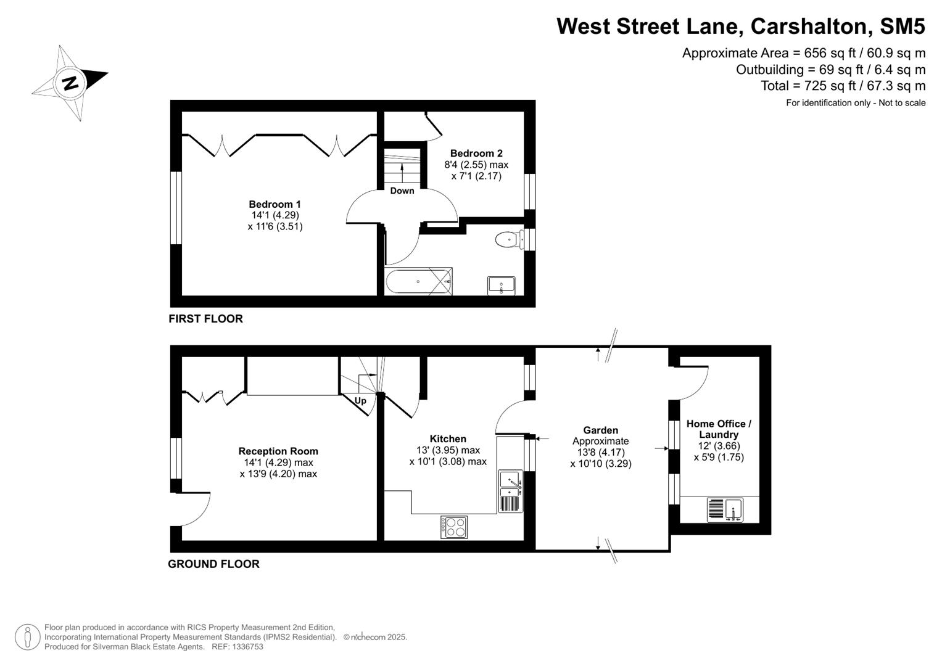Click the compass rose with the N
[69, 82]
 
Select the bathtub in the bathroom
[418, 282]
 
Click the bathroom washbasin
[501, 286]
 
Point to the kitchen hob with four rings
[453, 527]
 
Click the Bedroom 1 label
[275, 204]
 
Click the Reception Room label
[278, 451]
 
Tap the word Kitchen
[448, 439]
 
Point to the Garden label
[600, 430]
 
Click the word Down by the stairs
[402, 191]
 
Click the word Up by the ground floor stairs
[360, 401]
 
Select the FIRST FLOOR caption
[205, 319]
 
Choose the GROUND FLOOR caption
[213, 564]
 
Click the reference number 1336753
[246, 647]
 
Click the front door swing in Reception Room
[194, 509]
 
